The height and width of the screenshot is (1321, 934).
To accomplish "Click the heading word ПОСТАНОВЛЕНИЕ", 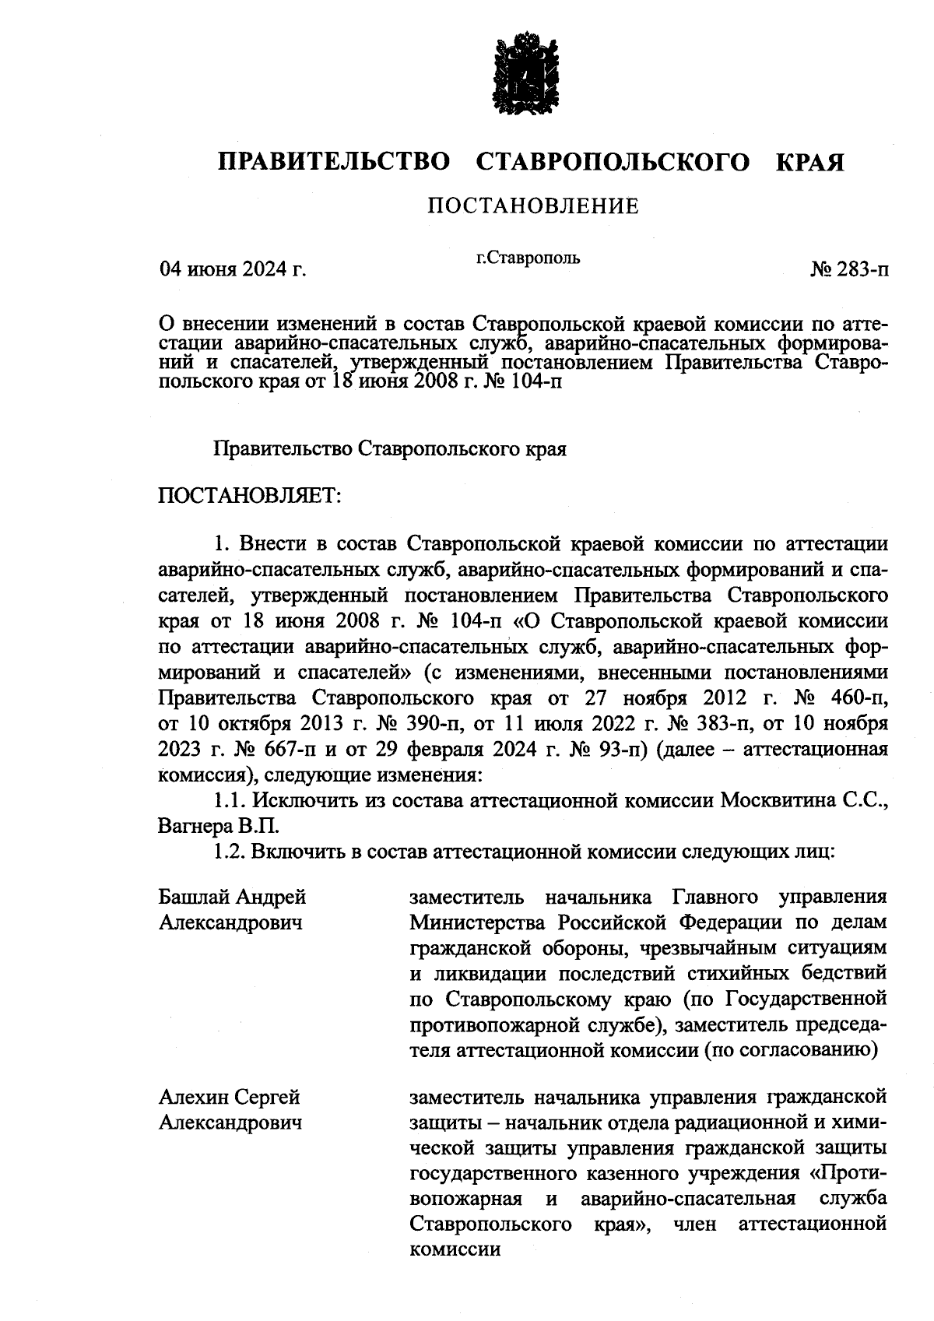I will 533,206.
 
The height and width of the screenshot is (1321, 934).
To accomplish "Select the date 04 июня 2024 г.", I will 232,270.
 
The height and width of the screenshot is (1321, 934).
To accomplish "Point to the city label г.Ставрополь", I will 528,257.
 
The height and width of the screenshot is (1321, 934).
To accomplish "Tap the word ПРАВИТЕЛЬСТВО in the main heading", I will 335,162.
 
